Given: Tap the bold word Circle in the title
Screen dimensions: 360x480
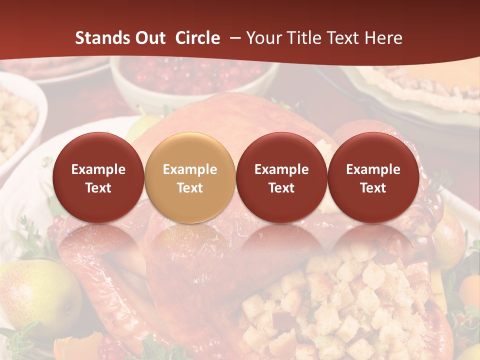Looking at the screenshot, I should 197,38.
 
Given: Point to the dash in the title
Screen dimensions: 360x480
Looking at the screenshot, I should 234,38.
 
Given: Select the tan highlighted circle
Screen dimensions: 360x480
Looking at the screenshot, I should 189,177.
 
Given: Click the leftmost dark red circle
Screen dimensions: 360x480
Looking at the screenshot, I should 98,177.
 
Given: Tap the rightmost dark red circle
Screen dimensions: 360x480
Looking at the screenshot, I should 373,177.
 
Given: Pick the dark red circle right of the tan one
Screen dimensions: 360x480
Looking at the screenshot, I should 281,177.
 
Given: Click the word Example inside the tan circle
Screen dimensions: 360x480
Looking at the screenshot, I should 190,169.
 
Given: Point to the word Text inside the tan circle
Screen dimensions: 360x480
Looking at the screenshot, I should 190,188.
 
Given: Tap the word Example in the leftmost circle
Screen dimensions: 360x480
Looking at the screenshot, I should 98,169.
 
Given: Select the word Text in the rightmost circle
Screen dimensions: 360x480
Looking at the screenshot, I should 373,188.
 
